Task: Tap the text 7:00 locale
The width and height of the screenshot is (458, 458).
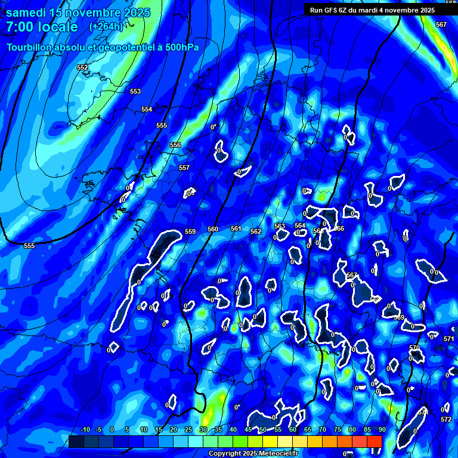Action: coord(42,27)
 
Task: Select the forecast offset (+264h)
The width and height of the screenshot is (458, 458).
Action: coord(106,27)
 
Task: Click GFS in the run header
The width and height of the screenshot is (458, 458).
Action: coord(329,10)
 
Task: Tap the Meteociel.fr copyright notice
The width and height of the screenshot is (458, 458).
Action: coord(253,454)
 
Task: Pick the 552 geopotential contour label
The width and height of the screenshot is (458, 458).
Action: coord(82,68)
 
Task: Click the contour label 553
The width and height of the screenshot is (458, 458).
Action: coord(135,91)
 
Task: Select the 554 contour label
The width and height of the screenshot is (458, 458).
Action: coord(147,109)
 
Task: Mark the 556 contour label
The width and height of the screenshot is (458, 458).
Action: coord(175,145)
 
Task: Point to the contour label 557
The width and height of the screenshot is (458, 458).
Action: coord(184,168)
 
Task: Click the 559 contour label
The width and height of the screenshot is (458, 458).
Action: coord(190,231)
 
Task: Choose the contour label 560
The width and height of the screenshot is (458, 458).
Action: coord(213,229)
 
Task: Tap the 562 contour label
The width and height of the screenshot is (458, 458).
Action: coord(256,231)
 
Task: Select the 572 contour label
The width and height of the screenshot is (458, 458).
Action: coord(446,419)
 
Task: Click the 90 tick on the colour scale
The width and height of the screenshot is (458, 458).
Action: coord(382,430)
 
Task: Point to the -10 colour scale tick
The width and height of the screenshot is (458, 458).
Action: coord(85,430)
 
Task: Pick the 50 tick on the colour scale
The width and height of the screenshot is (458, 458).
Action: coord(262,430)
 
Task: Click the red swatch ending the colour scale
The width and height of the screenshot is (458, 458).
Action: coord(374,441)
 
